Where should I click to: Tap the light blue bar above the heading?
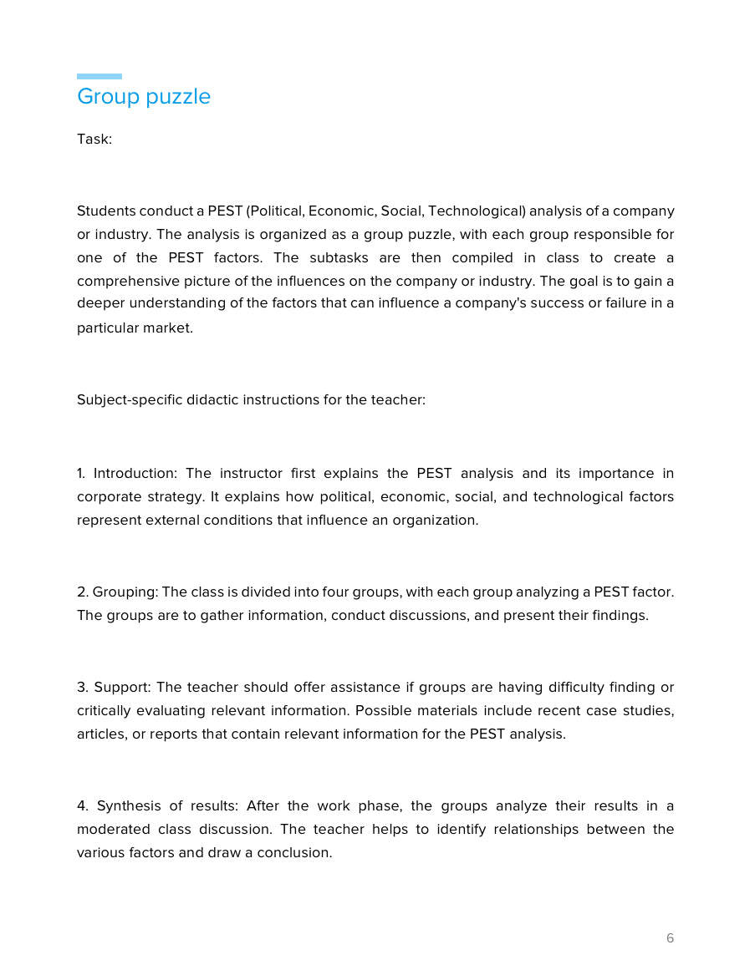(99, 76)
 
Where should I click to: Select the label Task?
(94, 140)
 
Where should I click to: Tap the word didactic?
(212, 399)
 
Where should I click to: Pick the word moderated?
(110, 830)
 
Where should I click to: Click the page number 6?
(670, 938)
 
